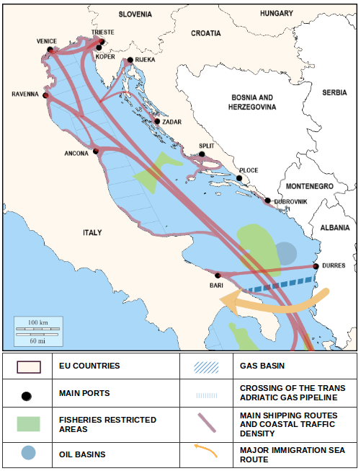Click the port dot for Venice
pyautogui.click(x=50, y=50)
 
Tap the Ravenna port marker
pyautogui.click(x=45, y=95)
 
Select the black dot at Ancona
pyautogui.click(x=95, y=151)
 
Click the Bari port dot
pyautogui.click(x=218, y=275)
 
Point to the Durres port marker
pyautogui.click(x=316, y=266)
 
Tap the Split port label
pyautogui.click(x=207, y=146)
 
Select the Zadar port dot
pyautogui.click(x=157, y=121)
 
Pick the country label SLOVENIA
pyautogui.click(x=135, y=14)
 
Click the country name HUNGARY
pyautogui.click(x=277, y=13)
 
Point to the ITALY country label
pyautogui.click(x=92, y=233)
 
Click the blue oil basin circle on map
pyautogui.click(x=286, y=252)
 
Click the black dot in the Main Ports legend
pyautogui.click(x=27, y=395)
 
